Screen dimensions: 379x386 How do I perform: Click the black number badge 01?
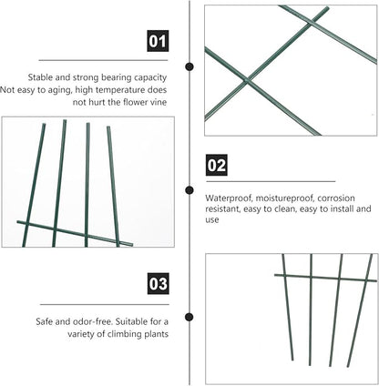click(x=158, y=41)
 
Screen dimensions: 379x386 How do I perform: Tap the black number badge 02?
click(x=217, y=165)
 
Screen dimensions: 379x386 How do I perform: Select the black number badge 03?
click(x=159, y=283)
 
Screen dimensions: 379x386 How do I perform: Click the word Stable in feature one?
click(x=40, y=77)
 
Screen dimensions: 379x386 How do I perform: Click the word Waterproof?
click(x=229, y=198)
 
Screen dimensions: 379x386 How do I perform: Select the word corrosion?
click(x=336, y=198)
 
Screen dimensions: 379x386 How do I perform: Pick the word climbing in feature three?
click(x=125, y=334)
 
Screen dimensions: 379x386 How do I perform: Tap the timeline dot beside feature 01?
click(x=189, y=66)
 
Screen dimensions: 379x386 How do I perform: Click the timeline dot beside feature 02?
click(x=189, y=190)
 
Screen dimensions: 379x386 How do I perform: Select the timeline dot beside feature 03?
click(x=189, y=317)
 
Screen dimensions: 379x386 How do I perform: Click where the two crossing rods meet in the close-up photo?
click(x=246, y=81)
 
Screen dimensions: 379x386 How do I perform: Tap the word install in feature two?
click(x=342, y=208)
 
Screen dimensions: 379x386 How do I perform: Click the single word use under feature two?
click(x=212, y=220)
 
